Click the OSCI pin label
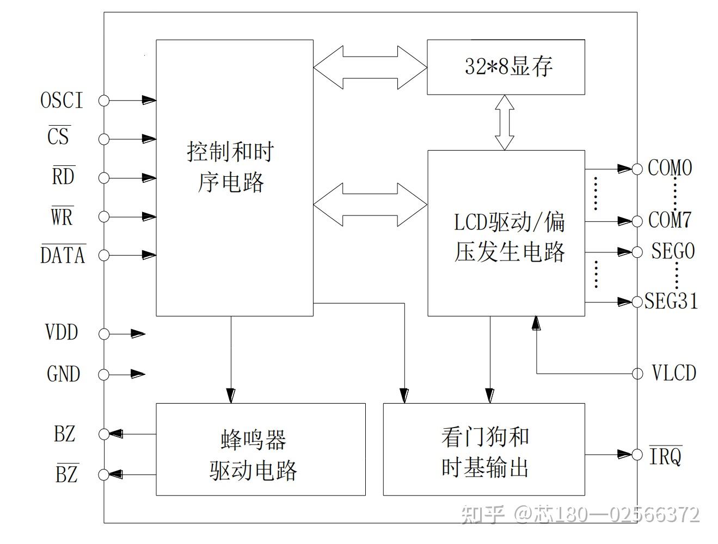62,100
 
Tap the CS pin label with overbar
59,135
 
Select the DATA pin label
63,254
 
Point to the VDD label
62,332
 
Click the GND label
64,374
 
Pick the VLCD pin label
674,373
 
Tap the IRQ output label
666,455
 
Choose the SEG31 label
671,300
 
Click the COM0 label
670,168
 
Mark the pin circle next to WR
103,217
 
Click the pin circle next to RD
103,178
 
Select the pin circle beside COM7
637,221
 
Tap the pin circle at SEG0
637,252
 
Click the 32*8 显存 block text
508,66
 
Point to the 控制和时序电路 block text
231,166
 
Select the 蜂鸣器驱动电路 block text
253,455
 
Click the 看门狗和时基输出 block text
485,453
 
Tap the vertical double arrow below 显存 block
505,122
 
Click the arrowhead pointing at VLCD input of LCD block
536,323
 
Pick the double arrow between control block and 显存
370,67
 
